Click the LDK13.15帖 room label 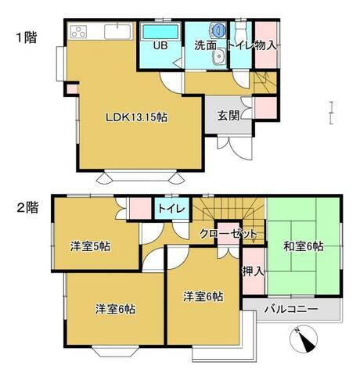click(x=136, y=117)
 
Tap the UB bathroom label click(x=160, y=45)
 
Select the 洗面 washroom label click(x=206, y=45)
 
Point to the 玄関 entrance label click(x=229, y=116)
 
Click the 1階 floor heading click(x=27, y=38)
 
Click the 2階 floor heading click(x=27, y=208)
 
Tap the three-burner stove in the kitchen click(x=78, y=32)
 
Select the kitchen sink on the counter click(x=117, y=32)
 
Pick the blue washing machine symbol click(x=218, y=30)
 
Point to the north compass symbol click(x=304, y=339)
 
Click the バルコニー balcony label click(x=291, y=310)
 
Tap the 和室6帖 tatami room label click(x=304, y=246)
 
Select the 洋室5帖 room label click(x=90, y=246)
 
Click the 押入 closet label click(x=254, y=272)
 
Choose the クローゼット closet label click(x=229, y=233)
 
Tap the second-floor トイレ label click(x=172, y=209)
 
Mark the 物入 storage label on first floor click(x=265, y=45)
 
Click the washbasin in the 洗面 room click(x=219, y=56)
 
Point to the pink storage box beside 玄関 click(x=265, y=108)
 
